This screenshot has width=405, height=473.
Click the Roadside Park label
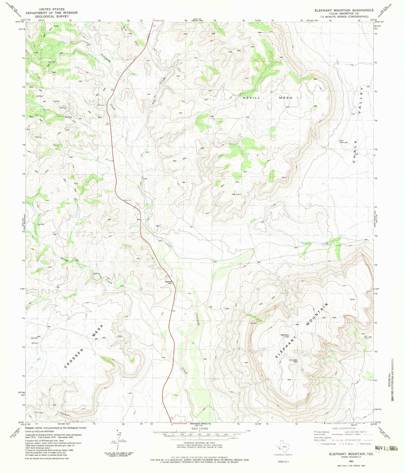[168, 283]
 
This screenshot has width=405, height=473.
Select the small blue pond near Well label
[168, 245]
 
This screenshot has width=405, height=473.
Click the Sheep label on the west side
[64, 259]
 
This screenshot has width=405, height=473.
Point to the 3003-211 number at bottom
[283, 461]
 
